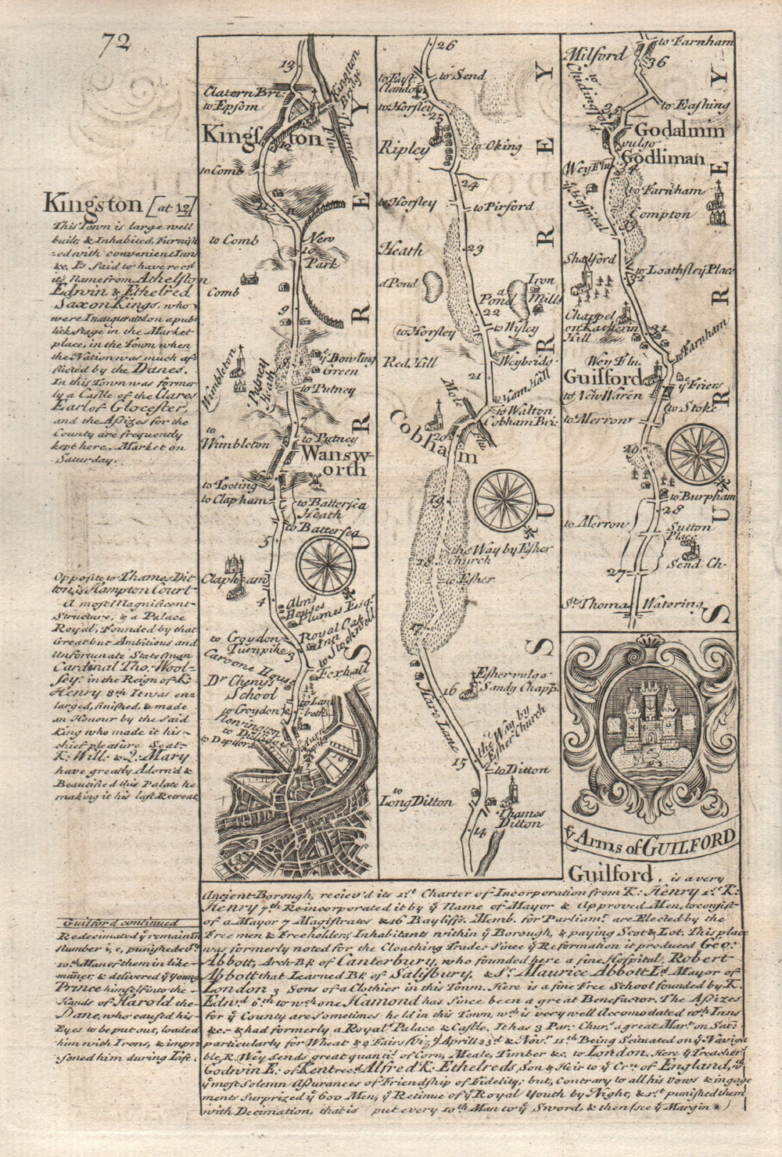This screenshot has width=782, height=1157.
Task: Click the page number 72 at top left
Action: tap(115, 46)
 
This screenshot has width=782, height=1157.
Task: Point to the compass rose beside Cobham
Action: tap(504, 499)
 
